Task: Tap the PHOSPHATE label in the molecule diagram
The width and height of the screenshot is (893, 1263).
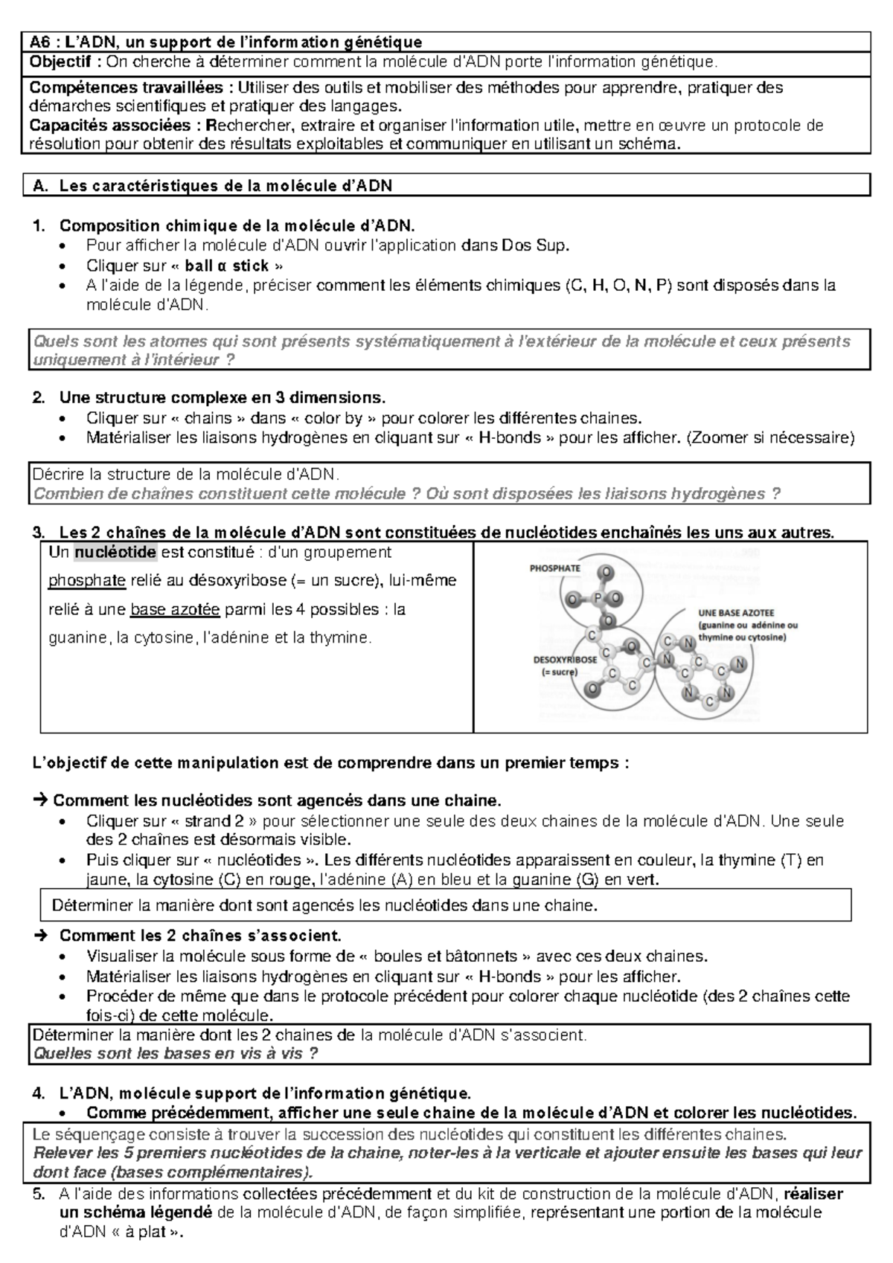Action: click(x=554, y=568)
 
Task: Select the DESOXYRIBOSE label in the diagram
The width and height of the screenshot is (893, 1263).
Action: click(x=565, y=660)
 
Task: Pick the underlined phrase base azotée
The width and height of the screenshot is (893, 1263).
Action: click(x=175, y=609)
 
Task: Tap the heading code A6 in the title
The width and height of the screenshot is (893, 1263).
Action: click(x=41, y=42)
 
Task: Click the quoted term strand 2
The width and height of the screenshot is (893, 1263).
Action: click(x=212, y=821)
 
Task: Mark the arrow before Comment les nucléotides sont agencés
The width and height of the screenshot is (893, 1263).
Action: click(x=40, y=801)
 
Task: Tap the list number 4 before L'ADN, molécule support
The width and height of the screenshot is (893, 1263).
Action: click(x=38, y=1093)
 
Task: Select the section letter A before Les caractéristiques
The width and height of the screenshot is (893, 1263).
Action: click(x=39, y=186)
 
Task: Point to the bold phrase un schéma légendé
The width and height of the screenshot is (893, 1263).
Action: click(x=126, y=1212)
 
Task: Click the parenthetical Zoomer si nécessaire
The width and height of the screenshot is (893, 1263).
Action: click(x=769, y=437)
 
